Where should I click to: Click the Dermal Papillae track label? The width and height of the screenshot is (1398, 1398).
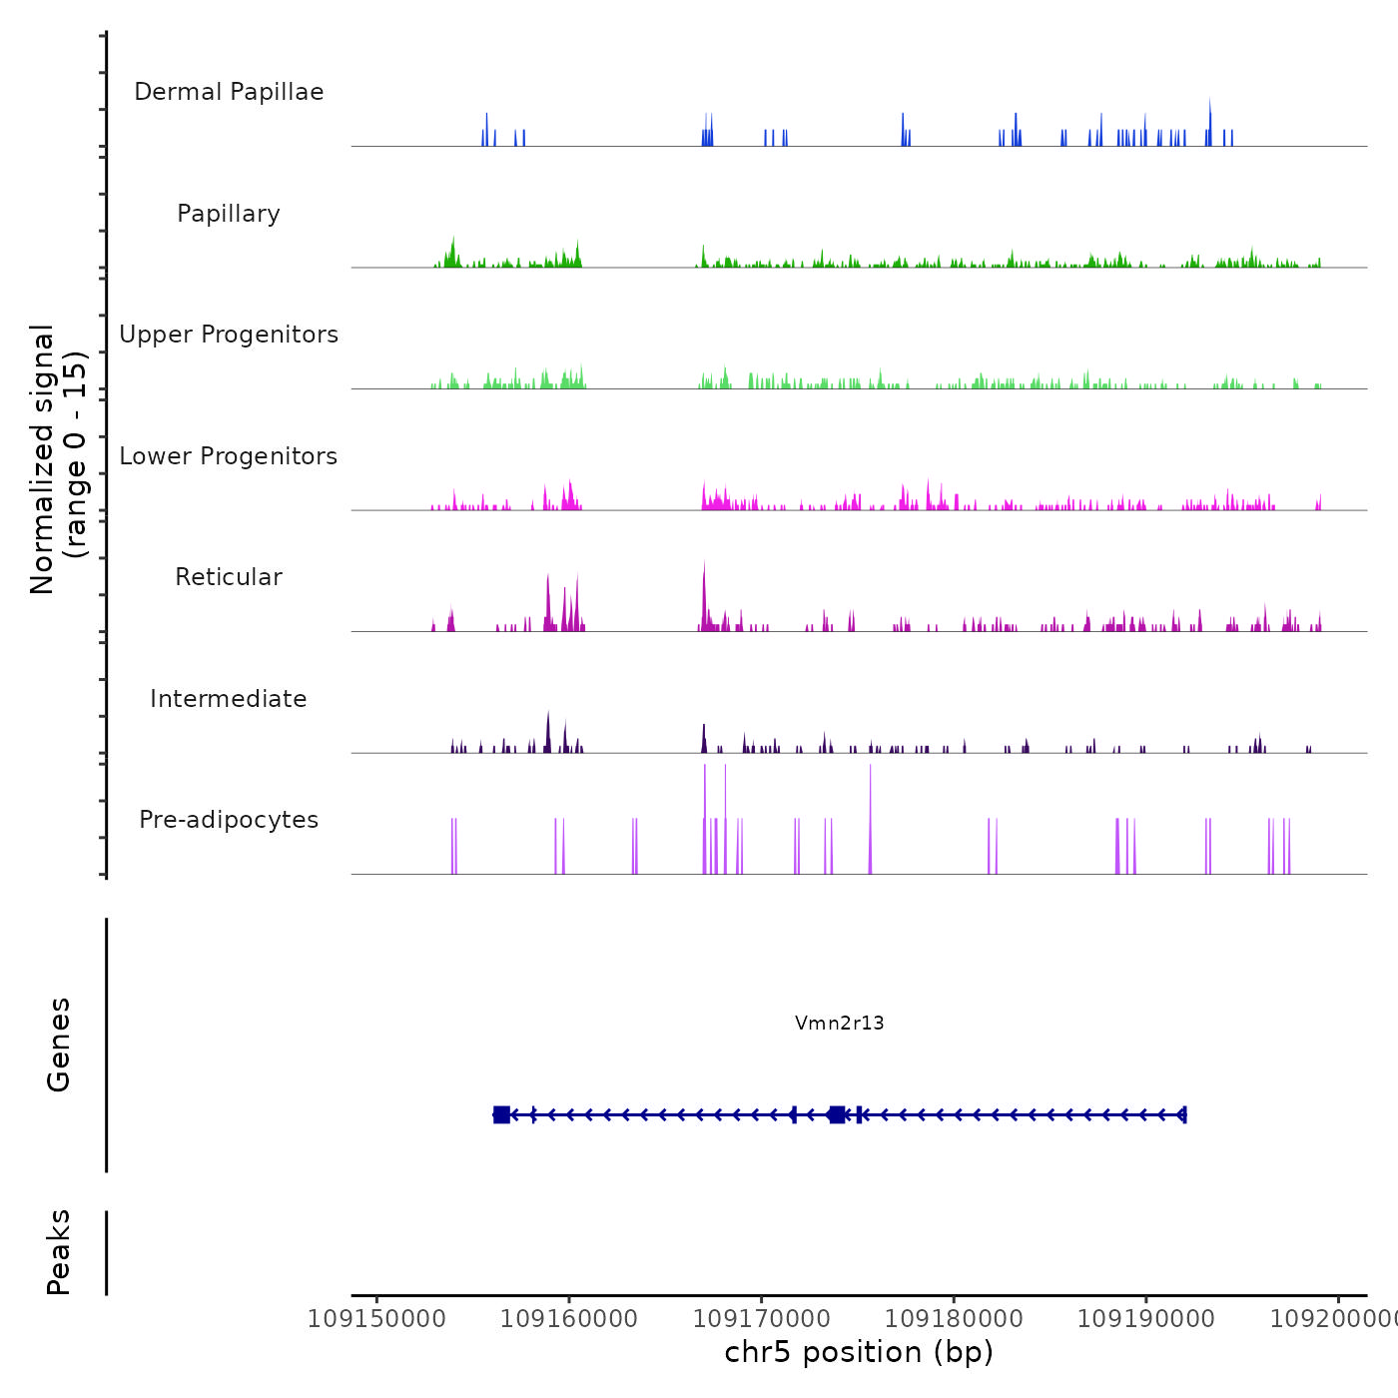click(229, 92)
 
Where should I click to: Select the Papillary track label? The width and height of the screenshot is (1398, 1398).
click(229, 214)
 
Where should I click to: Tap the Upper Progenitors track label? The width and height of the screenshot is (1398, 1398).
click(229, 335)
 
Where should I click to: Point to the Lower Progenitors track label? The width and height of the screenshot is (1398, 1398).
click(229, 456)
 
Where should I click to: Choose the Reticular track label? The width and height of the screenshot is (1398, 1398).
click(229, 577)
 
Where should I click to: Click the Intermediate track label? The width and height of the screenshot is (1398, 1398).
click(229, 699)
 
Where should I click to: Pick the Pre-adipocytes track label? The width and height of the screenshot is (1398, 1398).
click(229, 820)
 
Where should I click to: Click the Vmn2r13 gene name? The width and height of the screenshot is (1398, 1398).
click(839, 1023)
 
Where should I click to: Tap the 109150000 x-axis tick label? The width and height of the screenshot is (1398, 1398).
click(376, 1319)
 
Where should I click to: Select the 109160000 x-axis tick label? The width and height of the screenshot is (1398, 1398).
click(569, 1319)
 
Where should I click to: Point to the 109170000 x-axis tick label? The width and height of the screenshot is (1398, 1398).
click(761, 1319)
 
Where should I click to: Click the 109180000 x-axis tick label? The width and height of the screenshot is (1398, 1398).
click(954, 1319)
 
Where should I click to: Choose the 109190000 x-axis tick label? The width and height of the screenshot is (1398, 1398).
click(1146, 1319)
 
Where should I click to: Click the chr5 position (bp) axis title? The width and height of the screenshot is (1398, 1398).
click(859, 1352)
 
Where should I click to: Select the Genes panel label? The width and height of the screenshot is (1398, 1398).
click(59, 1045)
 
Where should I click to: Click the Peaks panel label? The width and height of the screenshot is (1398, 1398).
click(59, 1252)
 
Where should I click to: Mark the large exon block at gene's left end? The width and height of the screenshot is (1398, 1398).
click(501, 1114)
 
